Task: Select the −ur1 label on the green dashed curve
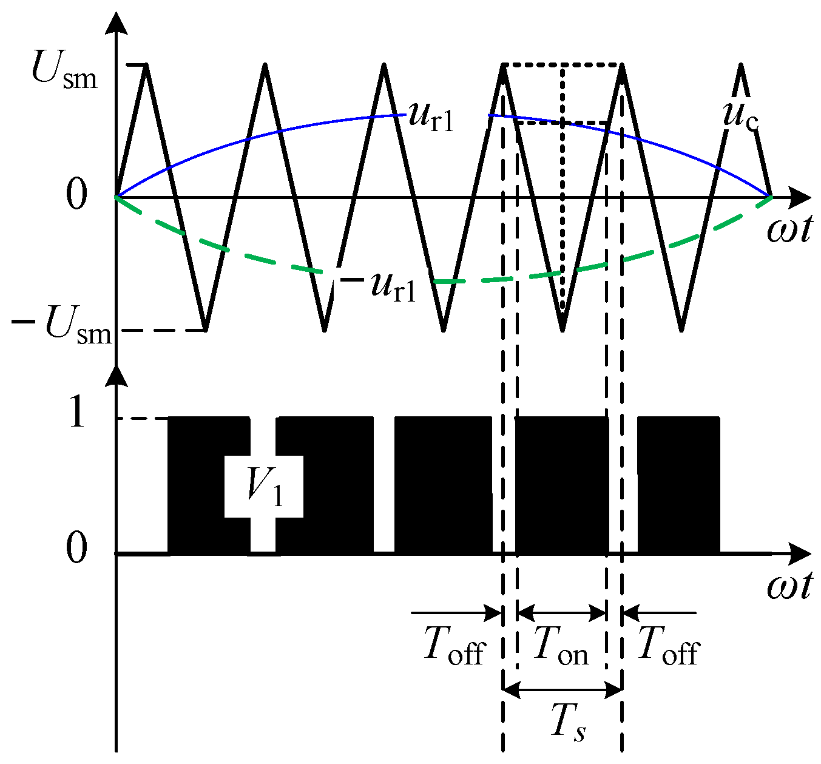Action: (x=379, y=286)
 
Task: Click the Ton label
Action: (x=561, y=646)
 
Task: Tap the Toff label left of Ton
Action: (x=454, y=646)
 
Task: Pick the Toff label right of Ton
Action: (x=669, y=646)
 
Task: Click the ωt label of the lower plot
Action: (x=789, y=587)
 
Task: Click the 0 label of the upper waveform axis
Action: (x=77, y=197)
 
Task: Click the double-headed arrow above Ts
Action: (x=563, y=689)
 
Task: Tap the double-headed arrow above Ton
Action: (x=561, y=612)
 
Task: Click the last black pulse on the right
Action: (x=678, y=485)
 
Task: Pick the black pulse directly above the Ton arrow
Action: (x=561, y=485)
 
